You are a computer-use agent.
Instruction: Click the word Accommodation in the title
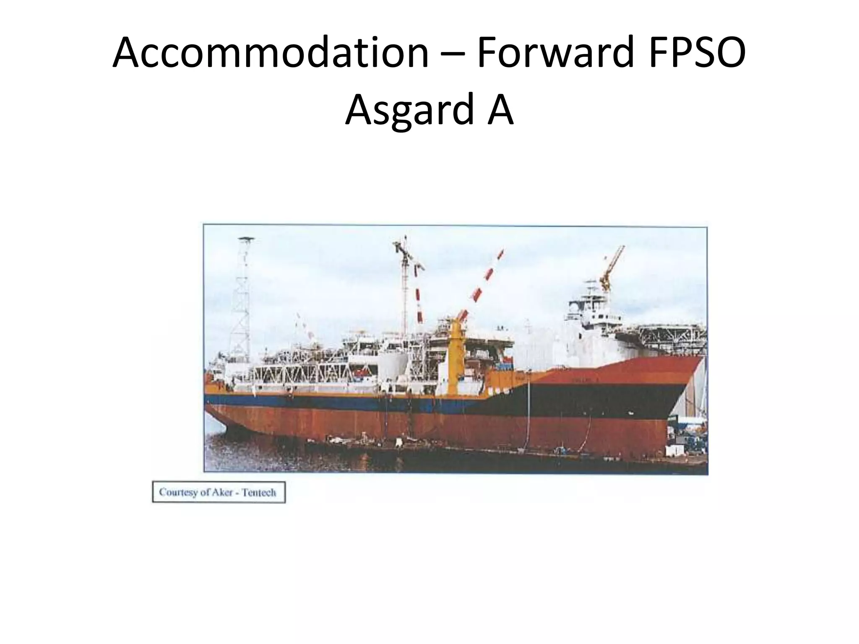pos(271,53)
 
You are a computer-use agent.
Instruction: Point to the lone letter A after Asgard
pos(500,110)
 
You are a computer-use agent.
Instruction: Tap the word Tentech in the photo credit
pos(259,492)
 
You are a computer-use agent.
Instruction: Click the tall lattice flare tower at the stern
pos(242,302)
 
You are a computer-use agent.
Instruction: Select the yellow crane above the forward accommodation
pos(610,268)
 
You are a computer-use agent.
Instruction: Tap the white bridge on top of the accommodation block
pos(587,310)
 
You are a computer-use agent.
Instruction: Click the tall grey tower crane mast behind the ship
pos(405,293)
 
